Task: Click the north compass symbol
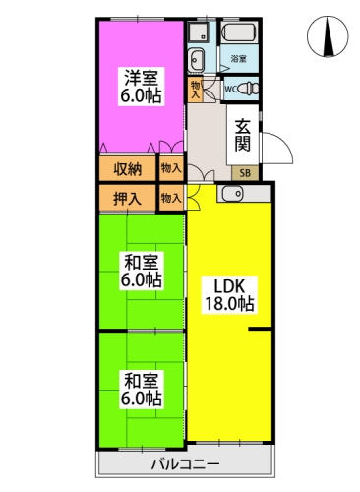(328, 35)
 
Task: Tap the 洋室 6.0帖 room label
(141, 87)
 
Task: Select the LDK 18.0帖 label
(229, 295)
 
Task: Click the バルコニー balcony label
(185, 464)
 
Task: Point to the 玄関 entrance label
(243, 135)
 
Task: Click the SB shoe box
(245, 173)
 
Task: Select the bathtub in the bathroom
(240, 32)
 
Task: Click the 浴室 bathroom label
(239, 59)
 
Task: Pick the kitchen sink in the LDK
(232, 194)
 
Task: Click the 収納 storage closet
(128, 169)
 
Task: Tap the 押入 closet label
(127, 199)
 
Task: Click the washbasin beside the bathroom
(196, 60)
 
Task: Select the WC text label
(231, 89)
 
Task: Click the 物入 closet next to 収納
(171, 168)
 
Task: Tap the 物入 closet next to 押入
(171, 198)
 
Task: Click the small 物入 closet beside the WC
(196, 90)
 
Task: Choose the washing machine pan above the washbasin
(198, 31)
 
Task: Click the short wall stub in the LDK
(260, 329)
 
